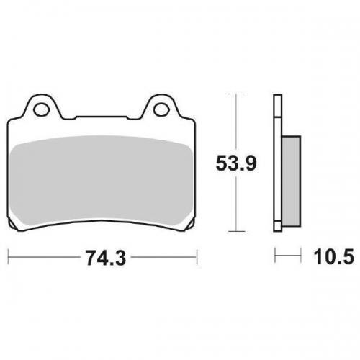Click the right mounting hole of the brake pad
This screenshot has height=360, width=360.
[x=161, y=110]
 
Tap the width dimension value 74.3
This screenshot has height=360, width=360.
[x=102, y=256]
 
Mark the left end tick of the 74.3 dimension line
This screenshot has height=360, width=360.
[x=7, y=255]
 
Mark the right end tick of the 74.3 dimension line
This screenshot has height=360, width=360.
[x=197, y=255]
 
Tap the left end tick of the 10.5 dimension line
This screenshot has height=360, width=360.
[x=274, y=255]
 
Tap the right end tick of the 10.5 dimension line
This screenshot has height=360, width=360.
[x=299, y=255]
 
